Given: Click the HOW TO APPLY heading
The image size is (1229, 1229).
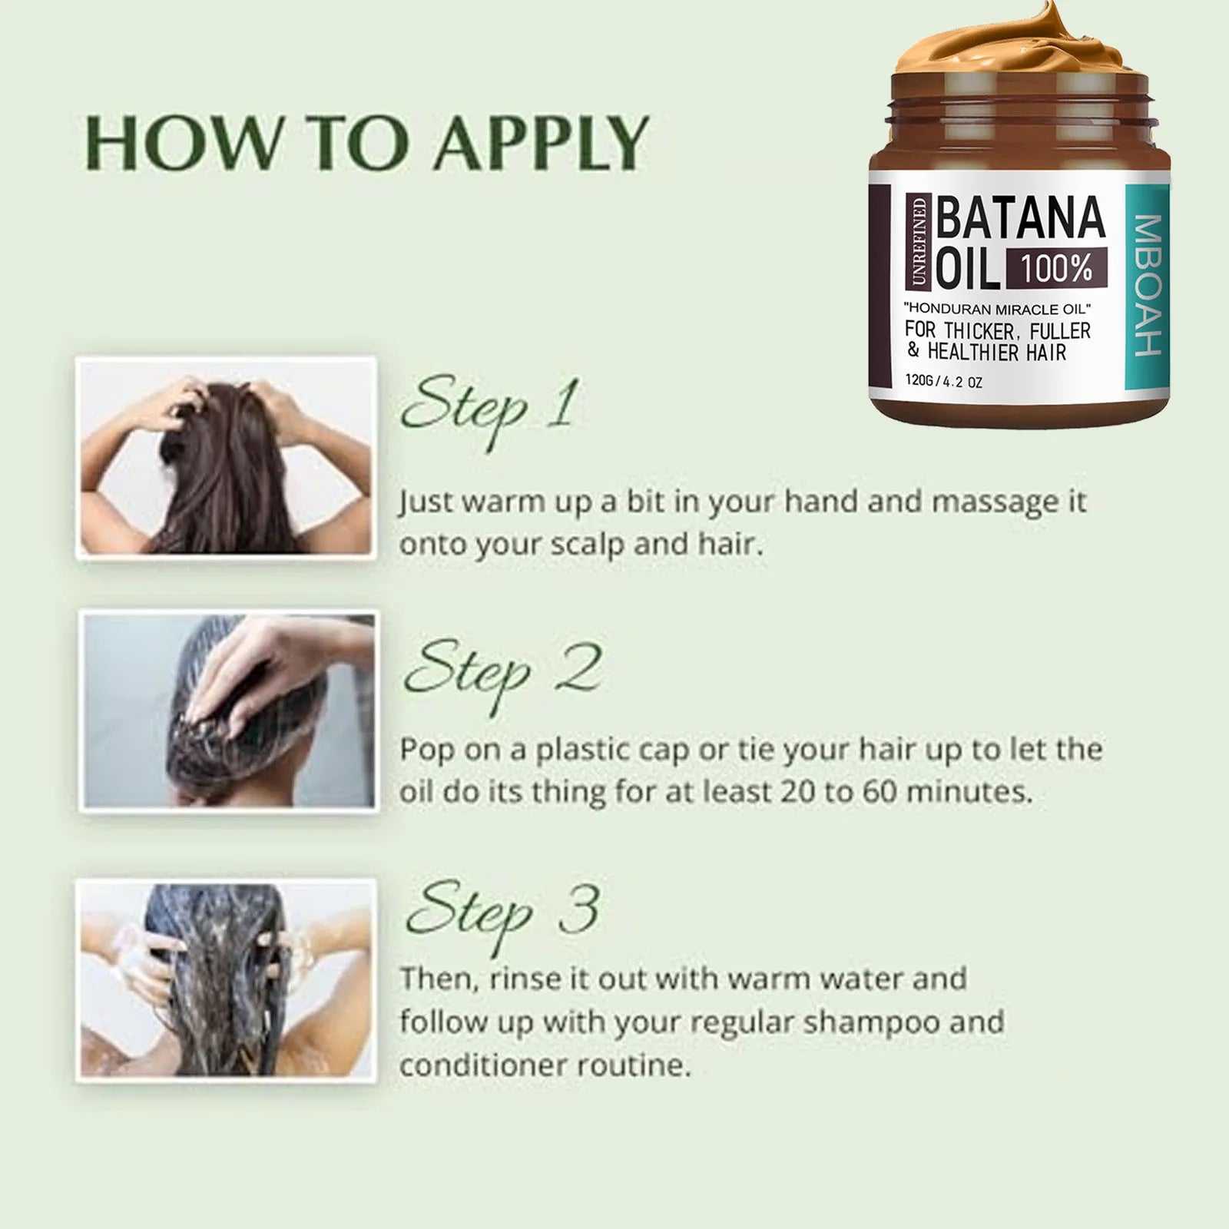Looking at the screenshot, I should coord(366,144).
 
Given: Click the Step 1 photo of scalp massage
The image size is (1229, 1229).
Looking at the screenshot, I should coord(227,458).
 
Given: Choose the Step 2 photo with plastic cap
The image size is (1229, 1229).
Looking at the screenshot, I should coord(228,711).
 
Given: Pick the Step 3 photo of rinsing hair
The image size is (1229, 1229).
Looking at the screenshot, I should coord(227,981).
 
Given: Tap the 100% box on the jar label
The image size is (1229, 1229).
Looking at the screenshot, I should coord(1056,269).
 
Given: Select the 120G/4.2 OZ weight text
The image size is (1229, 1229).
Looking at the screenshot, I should coord(943,381).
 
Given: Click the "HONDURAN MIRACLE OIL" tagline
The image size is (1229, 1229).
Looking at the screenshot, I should coord(998,310).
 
